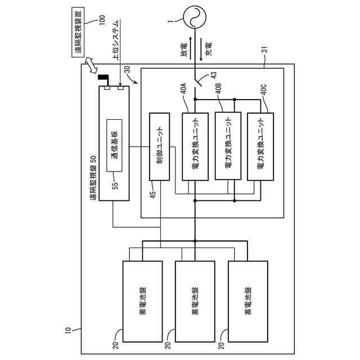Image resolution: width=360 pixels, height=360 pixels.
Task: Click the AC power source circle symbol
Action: point(195,17)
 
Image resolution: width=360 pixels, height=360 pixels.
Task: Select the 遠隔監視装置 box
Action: point(78,32)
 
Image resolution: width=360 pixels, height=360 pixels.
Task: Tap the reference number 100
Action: point(102,20)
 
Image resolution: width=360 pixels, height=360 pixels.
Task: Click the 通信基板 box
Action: point(114,145)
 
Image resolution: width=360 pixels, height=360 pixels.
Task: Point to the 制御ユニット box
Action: point(160,146)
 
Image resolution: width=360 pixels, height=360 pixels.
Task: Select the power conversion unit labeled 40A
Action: point(195,146)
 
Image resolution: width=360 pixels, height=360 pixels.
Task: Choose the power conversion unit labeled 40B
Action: point(228,146)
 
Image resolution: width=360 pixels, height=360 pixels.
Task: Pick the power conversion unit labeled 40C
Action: point(260,146)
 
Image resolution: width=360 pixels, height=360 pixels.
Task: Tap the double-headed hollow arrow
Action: point(91,65)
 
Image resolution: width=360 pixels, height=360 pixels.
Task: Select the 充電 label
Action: point(208,49)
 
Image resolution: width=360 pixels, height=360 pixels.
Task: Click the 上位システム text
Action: point(116,40)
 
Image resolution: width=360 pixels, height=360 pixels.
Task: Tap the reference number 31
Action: point(265,50)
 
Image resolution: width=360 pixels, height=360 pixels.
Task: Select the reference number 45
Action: point(152,193)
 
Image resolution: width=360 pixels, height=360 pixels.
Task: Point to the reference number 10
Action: point(68,330)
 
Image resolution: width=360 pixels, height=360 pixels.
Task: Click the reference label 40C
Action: point(264,90)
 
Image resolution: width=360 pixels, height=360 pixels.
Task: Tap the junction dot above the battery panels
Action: point(195,241)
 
